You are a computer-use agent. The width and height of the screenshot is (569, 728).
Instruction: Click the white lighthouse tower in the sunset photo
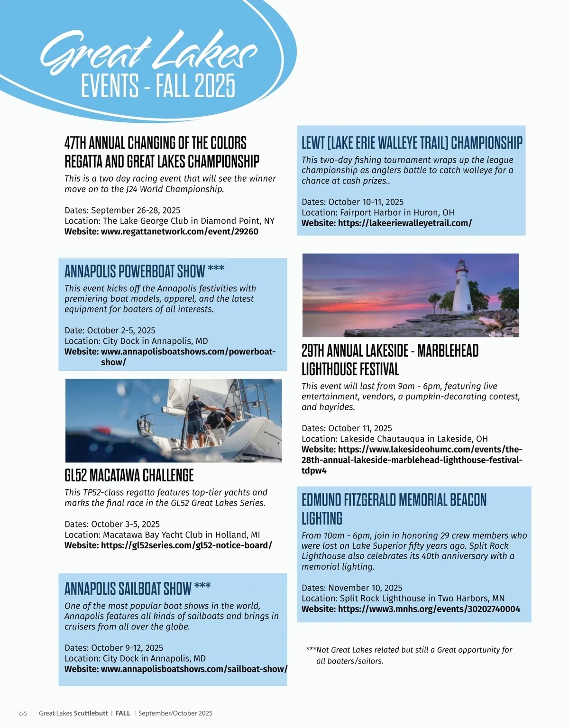tap(461, 292)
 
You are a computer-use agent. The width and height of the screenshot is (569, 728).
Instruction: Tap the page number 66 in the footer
tap(23, 713)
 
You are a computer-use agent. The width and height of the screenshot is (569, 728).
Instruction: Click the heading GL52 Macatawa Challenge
tap(129, 475)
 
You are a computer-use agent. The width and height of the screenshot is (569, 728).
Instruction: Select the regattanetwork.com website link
tap(179, 231)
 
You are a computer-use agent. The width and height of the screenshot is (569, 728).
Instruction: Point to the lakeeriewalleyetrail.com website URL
tap(404, 223)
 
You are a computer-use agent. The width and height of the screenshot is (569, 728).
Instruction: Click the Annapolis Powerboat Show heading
tap(135, 272)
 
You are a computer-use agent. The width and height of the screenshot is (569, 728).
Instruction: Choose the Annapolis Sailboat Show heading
tap(128, 589)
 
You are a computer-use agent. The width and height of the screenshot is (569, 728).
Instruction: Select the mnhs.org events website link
tap(429, 609)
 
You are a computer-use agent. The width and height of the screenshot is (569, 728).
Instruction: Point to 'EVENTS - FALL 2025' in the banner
tap(158, 86)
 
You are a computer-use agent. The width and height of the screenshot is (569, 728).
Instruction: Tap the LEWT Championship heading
tap(412, 143)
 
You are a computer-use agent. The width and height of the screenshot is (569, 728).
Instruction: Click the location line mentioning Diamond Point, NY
tap(169, 221)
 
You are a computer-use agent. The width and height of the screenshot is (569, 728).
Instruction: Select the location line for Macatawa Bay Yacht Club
tap(162, 535)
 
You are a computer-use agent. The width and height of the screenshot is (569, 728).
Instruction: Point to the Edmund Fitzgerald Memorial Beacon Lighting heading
tap(394, 509)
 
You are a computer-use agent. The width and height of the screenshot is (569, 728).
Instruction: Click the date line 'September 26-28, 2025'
tap(122, 211)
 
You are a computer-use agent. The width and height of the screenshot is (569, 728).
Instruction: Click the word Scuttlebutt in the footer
tap(91, 713)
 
